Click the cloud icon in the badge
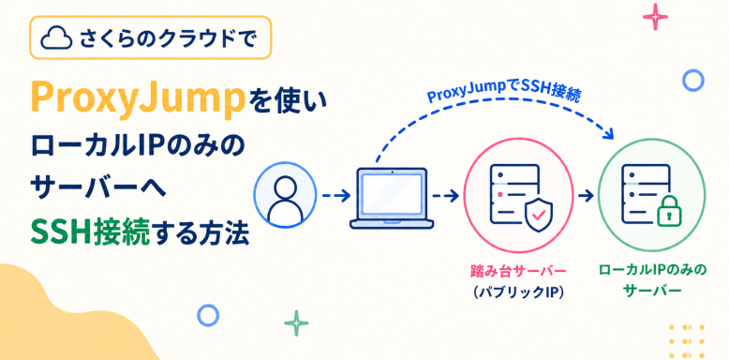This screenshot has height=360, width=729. pyautogui.click(x=56, y=38)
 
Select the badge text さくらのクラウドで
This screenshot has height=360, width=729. pyautogui.click(x=168, y=38)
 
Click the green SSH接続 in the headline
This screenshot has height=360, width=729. pyautogui.click(x=91, y=233)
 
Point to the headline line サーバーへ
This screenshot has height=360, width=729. pyautogui.click(x=98, y=189)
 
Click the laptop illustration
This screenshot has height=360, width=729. pyautogui.click(x=392, y=198)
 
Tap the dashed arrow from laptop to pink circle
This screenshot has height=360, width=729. pyautogui.click(x=446, y=196)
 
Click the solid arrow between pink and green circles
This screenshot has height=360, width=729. pyautogui.click(x=587, y=196)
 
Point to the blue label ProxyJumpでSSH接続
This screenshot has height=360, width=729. pyautogui.click(x=503, y=92)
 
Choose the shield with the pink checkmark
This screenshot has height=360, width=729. pyautogui.click(x=540, y=215)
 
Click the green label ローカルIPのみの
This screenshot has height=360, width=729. pyautogui.click(x=652, y=270)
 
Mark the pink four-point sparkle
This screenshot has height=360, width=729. pyautogui.click(x=655, y=18)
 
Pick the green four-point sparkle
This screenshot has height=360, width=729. pyautogui.click(x=297, y=323)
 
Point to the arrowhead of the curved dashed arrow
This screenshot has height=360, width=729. pyautogui.click(x=608, y=133)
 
